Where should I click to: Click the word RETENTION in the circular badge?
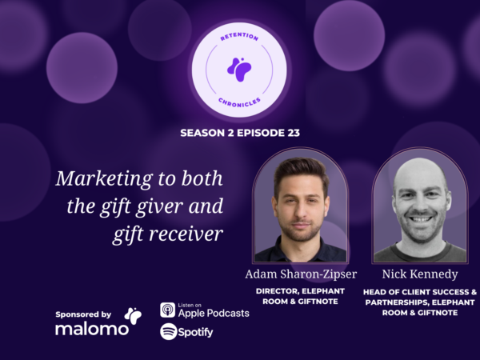(239, 37)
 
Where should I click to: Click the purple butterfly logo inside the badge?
(239, 70)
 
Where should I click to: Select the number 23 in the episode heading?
(294, 133)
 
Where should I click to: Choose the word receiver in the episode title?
(186, 234)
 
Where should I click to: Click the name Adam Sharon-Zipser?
(301, 274)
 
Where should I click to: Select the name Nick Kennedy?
(420, 274)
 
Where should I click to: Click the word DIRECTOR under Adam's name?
(278, 291)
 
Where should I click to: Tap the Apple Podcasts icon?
(168, 310)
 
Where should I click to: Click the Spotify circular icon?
(169, 331)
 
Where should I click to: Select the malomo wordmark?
(92, 329)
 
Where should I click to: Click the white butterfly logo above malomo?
(133, 316)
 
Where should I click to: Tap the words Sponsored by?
(83, 314)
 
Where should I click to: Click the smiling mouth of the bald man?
(421, 219)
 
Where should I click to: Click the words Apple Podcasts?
(214, 313)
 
